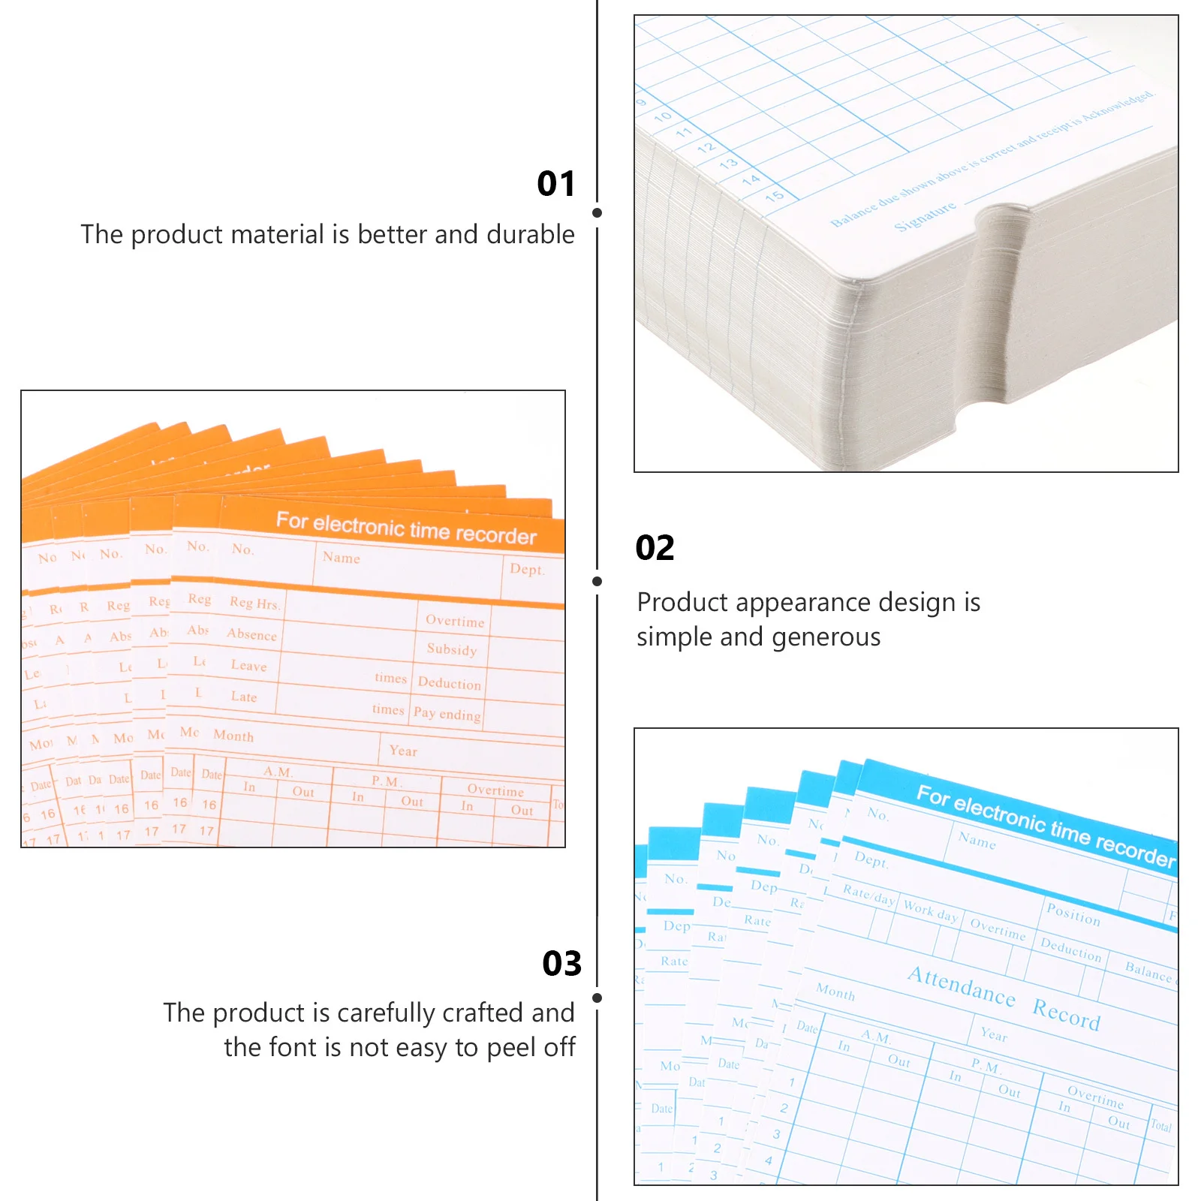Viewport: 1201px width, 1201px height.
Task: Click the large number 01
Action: [556, 184]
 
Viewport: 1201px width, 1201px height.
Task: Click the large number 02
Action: [655, 548]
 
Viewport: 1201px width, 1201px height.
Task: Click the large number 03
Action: [561, 964]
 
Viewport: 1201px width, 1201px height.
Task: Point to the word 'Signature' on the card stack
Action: [925, 216]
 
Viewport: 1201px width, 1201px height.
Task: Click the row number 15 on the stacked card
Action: [775, 196]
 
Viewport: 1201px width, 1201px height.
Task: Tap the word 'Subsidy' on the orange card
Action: [452, 649]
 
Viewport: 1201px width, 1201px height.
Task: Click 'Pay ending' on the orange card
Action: [447, 714]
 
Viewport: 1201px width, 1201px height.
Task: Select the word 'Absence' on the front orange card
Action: [252, 634]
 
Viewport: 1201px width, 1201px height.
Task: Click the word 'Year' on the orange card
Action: [403, 751]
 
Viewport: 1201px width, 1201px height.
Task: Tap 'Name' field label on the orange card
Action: [342, 558]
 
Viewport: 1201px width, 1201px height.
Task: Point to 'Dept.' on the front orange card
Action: [527, 569]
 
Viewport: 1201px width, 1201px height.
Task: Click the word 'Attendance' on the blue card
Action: [961, 986]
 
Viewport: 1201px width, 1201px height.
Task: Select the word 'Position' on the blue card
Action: [1073, 914]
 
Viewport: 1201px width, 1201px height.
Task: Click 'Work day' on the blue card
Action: [930, 911]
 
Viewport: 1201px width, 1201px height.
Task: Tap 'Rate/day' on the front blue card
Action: [868, 894]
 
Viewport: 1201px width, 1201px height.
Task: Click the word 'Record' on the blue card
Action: [1066, 1015]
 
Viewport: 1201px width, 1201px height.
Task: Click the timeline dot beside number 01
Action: [597, 213]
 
